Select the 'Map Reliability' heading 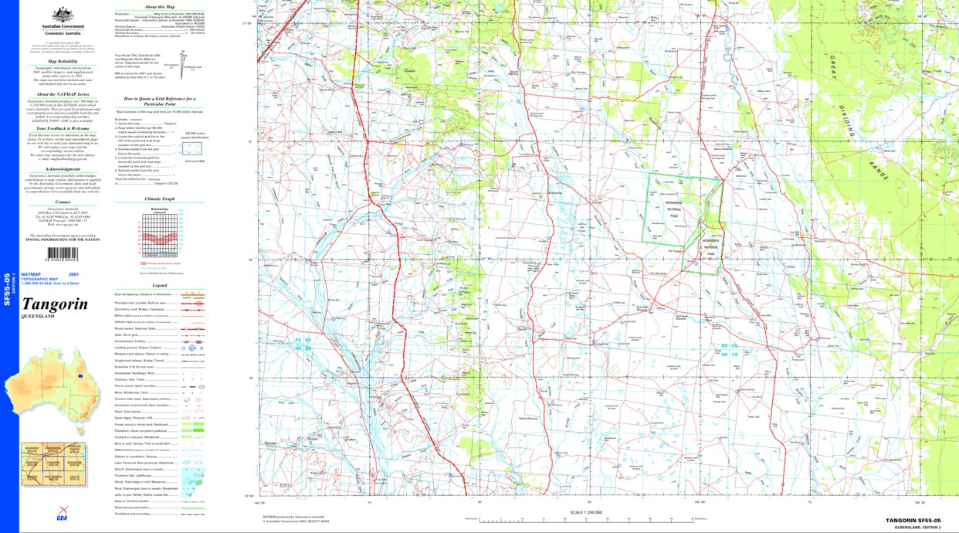[x=63, y=60]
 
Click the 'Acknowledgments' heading [x=63, y=169]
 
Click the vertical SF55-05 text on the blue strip [x=7, y=290]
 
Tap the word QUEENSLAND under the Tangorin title [x=38, y=317]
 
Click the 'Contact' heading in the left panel [x=63, y=202]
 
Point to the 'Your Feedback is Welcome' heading [x=63, y=128]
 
